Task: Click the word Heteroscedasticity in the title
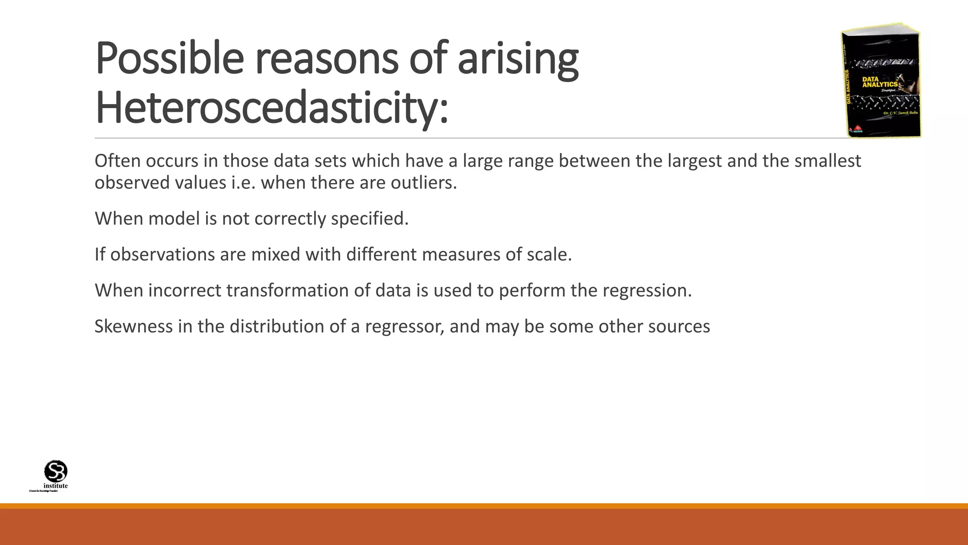coord(271,108)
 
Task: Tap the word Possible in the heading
coord(169,58)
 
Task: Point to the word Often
coord(117,161)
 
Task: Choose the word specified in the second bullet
coord(369,219)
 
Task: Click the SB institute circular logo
coord(56,471)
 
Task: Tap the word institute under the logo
coord(56,486)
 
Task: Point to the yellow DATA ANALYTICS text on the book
coord(880,82)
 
